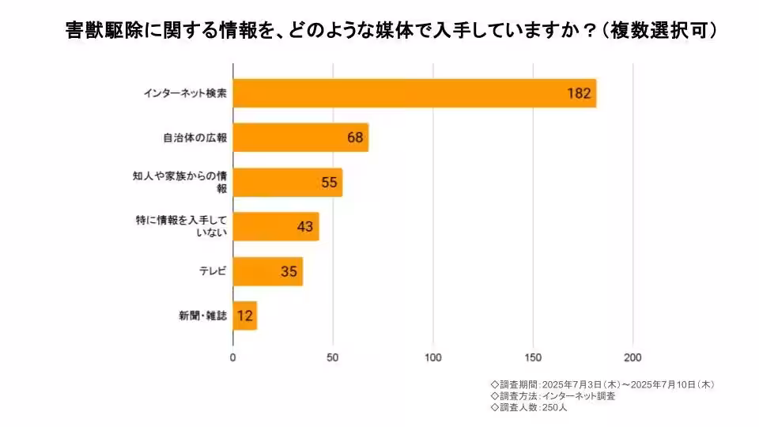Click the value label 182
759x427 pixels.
(579, 93)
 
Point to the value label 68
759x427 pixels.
(355, 138)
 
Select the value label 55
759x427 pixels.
(330, 182)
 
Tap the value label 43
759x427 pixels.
(305, 227)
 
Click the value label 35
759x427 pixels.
(289, 271)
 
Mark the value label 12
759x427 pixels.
(245, 316)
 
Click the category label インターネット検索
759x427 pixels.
(186, 93)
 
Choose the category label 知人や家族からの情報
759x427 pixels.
(180, 182)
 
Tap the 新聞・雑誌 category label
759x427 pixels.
(203, 316)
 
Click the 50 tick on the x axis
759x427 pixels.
(333, 357)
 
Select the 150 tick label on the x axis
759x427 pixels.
(533, 357)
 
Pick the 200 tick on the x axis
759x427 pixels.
(632, 357)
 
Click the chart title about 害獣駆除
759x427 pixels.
(391, 32)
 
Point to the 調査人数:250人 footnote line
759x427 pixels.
(529, 408)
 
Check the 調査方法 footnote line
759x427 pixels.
(553, 396)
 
